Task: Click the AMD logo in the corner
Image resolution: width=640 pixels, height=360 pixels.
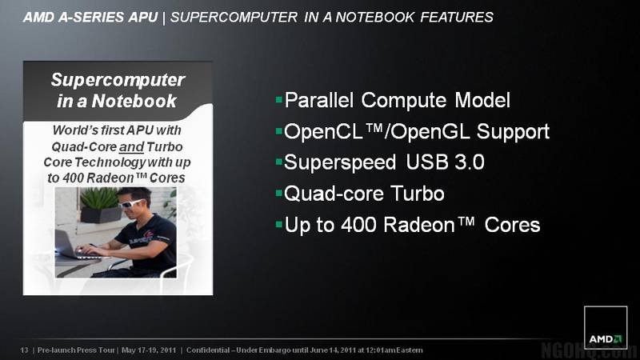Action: click(606, 327)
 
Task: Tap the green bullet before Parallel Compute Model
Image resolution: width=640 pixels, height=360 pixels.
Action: click(279, 99)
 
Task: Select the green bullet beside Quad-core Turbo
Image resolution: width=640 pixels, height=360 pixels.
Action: click(279, 193)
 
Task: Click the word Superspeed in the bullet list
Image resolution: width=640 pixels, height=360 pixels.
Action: click(340, 163)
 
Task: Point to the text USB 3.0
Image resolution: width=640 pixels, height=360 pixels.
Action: click(445, 162)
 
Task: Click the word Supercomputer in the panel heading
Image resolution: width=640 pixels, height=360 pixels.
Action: click(118, 81)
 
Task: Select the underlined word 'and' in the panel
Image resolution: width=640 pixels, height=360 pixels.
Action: click(131, 147)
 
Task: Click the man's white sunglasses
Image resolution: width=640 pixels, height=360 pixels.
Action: click(132, 203)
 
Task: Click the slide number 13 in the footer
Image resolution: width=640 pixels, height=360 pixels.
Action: click(25, 350)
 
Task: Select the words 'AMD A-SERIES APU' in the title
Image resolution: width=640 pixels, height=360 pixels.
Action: click(90, 17)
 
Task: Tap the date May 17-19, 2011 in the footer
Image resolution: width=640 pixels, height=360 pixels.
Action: click(149, 350)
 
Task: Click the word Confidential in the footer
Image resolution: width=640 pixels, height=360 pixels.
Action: click(208, 350)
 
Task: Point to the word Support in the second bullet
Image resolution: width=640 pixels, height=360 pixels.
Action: click(513, 132)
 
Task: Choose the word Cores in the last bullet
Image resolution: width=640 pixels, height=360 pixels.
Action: click(512, 225)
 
